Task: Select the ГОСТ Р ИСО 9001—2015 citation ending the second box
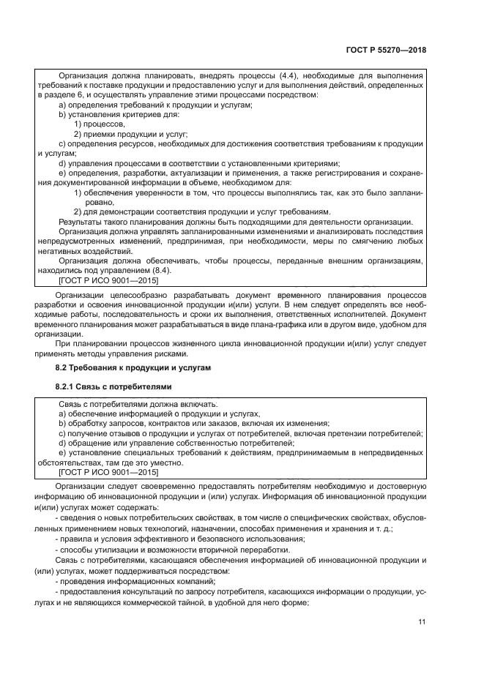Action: click(x=108, y=473)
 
